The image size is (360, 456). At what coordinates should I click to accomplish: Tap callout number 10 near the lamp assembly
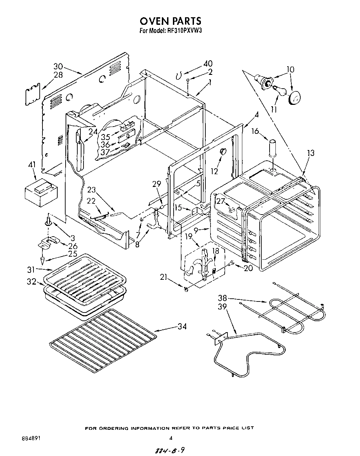coord(290,69)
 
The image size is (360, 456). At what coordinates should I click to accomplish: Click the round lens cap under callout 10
coord(294,98)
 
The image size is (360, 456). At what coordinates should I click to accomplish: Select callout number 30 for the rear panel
coord(58,67)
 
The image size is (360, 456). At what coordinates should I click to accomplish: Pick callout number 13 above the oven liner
coord(311,153)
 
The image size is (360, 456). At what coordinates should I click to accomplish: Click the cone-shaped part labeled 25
coord(42,258)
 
